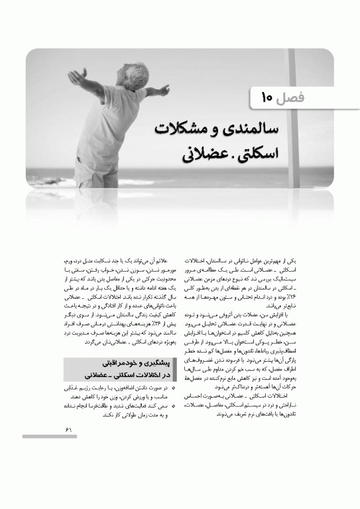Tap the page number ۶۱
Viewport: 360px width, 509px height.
(x=68, y=429)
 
